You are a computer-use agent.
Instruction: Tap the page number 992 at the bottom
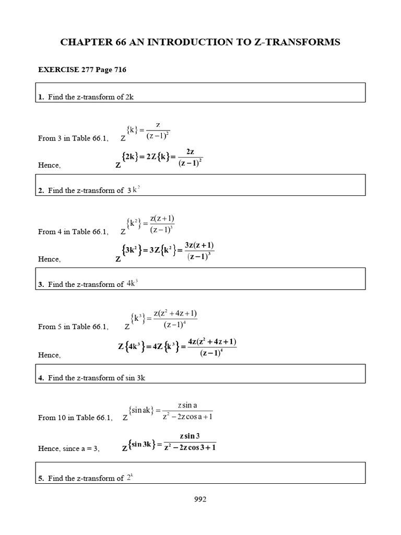[x=200, y=499]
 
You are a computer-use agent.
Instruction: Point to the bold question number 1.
[x=41, y=97]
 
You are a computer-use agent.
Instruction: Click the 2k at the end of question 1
[x=130, y=97]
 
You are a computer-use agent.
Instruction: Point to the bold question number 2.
[x=41, y=191]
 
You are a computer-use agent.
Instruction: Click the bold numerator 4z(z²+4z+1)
[x=212, y=342]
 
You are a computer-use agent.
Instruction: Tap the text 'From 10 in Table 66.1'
[x=73, y=417]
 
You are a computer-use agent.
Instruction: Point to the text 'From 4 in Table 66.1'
[x=72, y=231]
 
